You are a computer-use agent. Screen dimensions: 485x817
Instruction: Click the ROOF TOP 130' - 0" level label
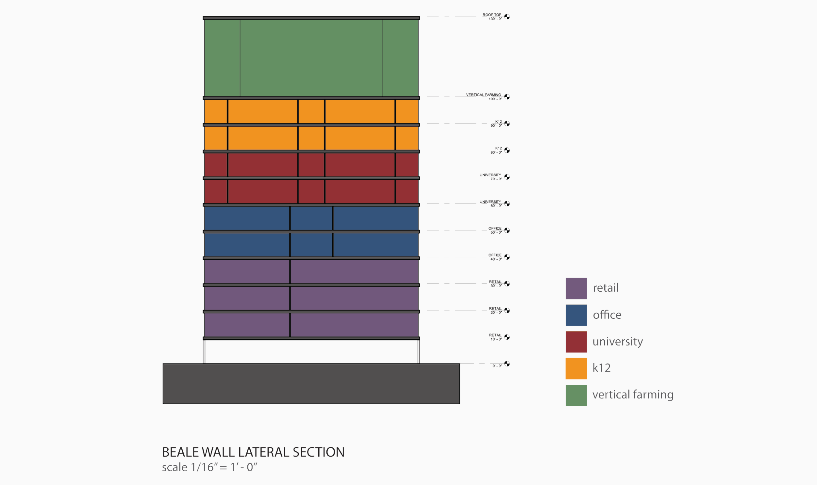[492, 17]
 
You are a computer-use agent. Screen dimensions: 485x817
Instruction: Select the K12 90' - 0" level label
[496, 123]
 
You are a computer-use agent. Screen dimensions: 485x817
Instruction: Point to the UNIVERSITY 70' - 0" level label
[490, 177]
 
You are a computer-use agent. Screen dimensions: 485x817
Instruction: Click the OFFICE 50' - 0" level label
[495, 230]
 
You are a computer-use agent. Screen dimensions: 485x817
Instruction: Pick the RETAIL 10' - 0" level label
[495, 337]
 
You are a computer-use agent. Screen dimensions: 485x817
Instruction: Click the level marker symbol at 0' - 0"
[507, 364]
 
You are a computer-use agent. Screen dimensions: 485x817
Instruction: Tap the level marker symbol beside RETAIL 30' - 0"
[507, 284]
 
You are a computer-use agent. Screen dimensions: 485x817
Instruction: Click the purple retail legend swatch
[576, 288]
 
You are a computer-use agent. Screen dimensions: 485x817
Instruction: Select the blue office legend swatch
[576, 315]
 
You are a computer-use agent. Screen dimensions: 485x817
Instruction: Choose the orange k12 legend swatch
[576, 368]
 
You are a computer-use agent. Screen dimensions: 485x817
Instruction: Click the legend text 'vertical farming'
[633, 395]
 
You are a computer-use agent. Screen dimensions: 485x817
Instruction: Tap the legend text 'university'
[618, 342]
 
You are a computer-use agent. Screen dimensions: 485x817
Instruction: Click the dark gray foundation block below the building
[311, 384]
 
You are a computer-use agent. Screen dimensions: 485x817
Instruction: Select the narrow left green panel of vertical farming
[222, 58]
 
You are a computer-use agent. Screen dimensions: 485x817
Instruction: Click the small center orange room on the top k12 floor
[311, 111]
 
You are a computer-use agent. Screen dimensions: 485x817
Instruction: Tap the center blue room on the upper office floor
[311, 218]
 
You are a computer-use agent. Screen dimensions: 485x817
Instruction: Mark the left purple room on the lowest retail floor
[247, 325]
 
